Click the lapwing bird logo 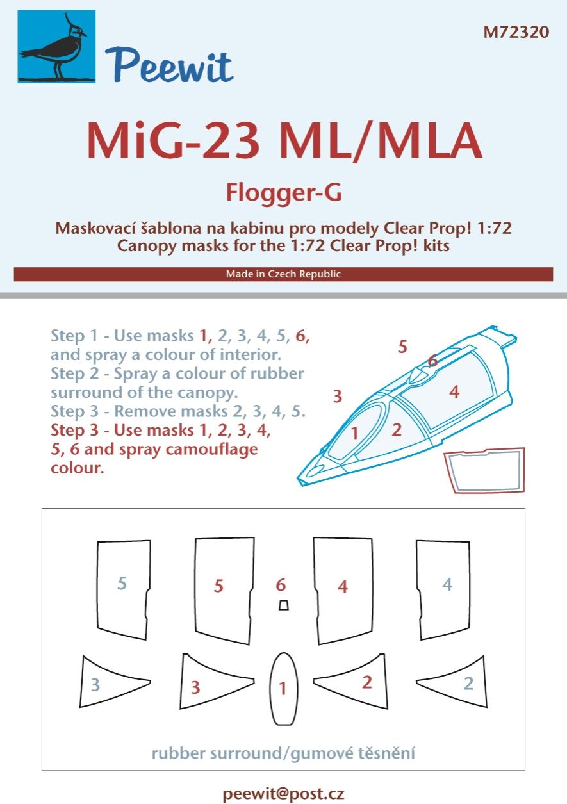click(56, 47)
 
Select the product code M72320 click(516, 32)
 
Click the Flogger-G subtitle click(283, 193)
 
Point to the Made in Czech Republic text click(283, 274)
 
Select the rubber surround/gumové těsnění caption click(283, 752)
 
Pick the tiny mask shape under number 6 click(283, 605)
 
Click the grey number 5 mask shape click(123, 589)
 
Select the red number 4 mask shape click(342, 589)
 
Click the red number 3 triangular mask click(202, 684)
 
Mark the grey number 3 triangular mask click(103, 683)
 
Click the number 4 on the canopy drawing click(454, 391)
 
